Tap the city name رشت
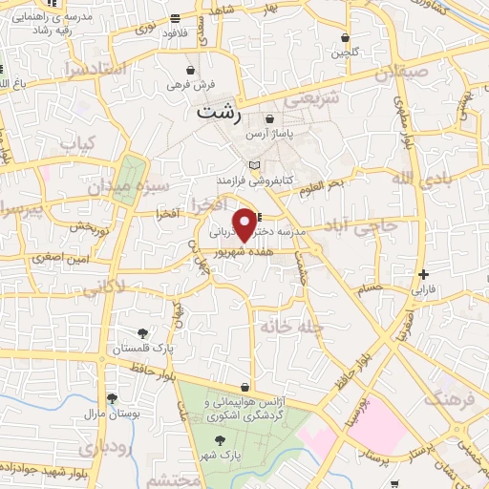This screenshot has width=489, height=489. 219,112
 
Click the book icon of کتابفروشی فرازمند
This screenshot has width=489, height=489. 253,165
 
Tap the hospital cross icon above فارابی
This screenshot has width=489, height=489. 423,274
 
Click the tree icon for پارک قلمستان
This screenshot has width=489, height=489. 142,332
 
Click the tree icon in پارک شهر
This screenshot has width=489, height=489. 221,440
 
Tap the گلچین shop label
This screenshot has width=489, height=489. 348,53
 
